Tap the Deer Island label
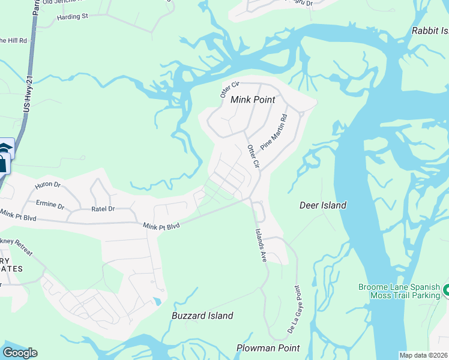point(323,205)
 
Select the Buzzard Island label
point(202,316)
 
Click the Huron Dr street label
point(49,186)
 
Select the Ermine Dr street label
point(50,205)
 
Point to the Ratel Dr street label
point(103,209)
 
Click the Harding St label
point(73,16)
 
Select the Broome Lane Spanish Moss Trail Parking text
point(399,292)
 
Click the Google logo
point(20,353)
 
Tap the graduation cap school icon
point(5,148)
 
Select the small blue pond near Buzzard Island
point(157,301)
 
